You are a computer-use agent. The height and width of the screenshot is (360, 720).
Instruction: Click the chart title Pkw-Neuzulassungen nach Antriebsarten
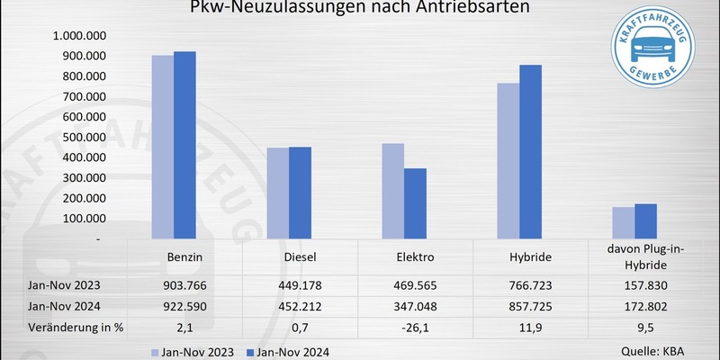tap(359, 10)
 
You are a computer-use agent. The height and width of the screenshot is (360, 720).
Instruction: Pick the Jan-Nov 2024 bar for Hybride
tap(530, 153)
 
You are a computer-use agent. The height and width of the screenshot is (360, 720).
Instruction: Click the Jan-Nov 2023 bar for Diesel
tap(277, 193)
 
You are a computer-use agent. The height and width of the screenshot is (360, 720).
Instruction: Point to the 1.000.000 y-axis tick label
tap(79, 36)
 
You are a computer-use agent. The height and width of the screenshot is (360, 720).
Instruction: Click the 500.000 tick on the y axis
tap(83, 137)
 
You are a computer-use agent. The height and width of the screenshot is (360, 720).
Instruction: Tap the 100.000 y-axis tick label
tap(83, 219)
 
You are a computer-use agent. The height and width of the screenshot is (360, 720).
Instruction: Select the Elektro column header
tap(414, 256)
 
